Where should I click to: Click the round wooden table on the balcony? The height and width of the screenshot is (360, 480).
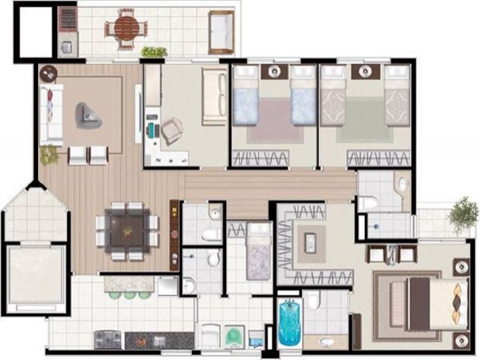click(126, 28)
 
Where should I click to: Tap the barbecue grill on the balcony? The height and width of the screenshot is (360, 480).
click(68, 20)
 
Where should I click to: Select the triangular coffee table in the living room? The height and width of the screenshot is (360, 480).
click(88, 115)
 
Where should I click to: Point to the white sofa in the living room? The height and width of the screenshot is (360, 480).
click(51, 115)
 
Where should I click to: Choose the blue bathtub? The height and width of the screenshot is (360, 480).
click(289, 322)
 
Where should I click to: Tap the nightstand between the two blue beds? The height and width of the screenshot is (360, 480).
click(274, 72)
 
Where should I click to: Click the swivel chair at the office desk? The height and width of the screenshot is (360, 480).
click(171, 130)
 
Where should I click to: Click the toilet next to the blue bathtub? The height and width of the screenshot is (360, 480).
click(313, 301)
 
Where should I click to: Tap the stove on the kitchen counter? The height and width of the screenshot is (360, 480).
click(109, 340)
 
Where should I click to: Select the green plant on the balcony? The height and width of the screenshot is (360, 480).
click(154, 51)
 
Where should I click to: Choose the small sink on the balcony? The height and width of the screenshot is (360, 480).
click(66, 47)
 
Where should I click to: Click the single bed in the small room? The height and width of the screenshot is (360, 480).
click(259, 251)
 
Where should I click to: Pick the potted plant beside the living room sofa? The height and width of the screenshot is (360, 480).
click(48, 155)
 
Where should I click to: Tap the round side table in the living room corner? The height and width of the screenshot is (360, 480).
click(48, 73)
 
